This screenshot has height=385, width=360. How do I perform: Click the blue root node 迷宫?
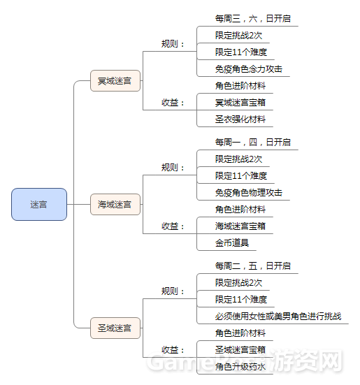pyautogui.click(x=39, y=204)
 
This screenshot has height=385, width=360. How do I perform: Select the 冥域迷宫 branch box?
pyautogui.click(x=115, y=81)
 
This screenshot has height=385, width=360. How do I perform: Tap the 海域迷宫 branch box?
pyautogui.click(x=115, y=204)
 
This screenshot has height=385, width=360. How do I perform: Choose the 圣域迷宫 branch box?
pyautogui.click(x=115, y=328)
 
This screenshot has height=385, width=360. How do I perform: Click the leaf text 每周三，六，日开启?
pyautogui.click(x=253, y=19)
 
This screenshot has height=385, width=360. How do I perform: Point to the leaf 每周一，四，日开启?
pyautogui.click(x=253, y=143)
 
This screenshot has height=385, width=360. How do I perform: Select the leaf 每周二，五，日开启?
pyautogui.click(x=253, y=266)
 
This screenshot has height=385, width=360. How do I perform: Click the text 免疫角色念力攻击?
pyautogui.click(x=249, y=69)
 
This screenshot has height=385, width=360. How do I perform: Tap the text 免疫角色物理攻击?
pyautogui.click(x=249, y=193)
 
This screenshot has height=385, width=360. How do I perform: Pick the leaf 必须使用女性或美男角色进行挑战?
pyautogui.click(x=278, y=317)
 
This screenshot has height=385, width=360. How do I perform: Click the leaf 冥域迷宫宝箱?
pyautogui.click(x=240, y=103)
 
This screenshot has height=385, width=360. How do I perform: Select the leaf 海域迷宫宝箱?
pyautogui.click(x=240, y=226)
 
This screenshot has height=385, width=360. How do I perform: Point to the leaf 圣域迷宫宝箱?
pyautogui.click(x=240, y=350)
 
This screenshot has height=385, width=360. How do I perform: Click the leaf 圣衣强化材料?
pyautogui.click(x=240, y=119)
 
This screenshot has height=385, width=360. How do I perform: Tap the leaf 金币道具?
pyautogui.click(x=232, y=243)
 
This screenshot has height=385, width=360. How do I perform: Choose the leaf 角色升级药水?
pyautogui.click(x=240, y=367)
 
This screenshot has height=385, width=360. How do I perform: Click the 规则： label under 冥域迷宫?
pyautogui.click(x=173, y=44)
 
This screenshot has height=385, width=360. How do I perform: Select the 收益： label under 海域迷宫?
pyautogui.click(x=173, y=226)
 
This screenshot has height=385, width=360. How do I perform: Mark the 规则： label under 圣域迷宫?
pyautogui.click(x=173, y=291)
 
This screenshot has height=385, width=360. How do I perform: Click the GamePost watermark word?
pyautogui.click(x=209, y=362)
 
